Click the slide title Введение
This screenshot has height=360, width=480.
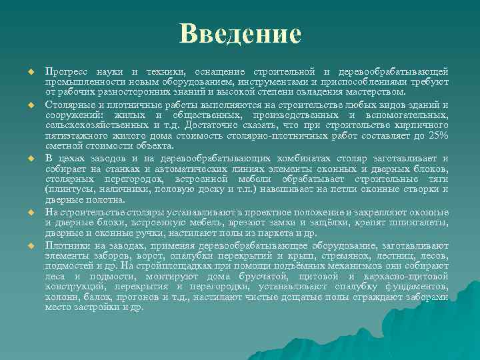(x=240, y=33)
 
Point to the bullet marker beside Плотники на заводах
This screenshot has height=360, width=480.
(x=30, y=246)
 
